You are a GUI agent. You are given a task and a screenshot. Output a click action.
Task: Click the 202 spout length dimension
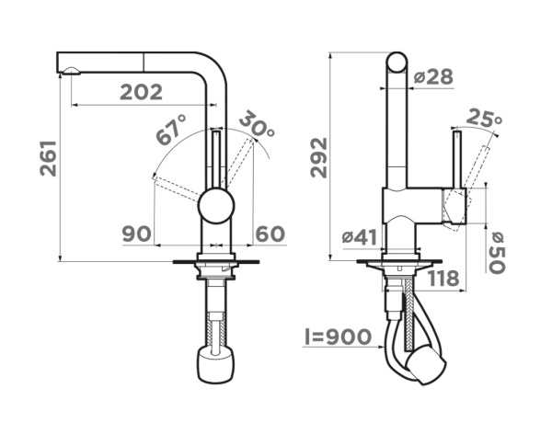pos(141,92)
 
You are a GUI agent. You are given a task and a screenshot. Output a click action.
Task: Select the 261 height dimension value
pos(48,158)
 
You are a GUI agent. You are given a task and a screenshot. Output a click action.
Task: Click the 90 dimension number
pos(137,234)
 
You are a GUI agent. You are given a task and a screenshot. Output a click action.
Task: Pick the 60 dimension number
pos(270,234)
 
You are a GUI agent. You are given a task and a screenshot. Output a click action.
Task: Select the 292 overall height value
pos(319,157)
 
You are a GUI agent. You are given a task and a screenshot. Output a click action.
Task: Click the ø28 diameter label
pos(433,76)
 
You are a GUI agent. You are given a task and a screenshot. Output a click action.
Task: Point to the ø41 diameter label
pos(360,237)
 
